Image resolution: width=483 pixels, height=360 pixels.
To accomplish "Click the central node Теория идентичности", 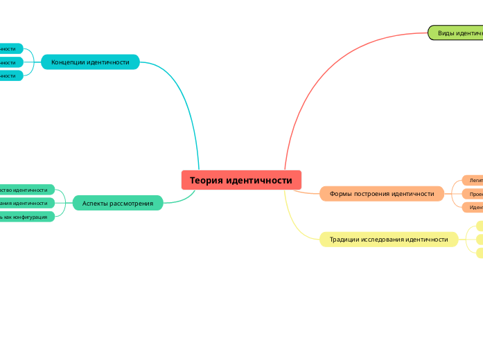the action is pos(241,180).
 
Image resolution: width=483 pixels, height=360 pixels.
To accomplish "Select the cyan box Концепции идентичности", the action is pos(90,62).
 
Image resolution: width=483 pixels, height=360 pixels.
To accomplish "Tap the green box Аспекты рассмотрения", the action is pos(118,203).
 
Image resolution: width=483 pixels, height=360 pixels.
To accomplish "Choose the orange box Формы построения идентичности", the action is pos(382,194).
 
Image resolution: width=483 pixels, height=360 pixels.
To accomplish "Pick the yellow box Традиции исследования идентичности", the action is pos(389,240).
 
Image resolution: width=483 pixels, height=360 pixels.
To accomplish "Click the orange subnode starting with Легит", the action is pos(474,181).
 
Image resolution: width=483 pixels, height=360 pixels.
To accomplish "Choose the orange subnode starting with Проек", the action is pos(474,194).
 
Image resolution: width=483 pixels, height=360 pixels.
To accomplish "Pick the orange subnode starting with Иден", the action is pos(474,207).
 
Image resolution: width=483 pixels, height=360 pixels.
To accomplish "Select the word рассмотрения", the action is pos(132,203).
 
